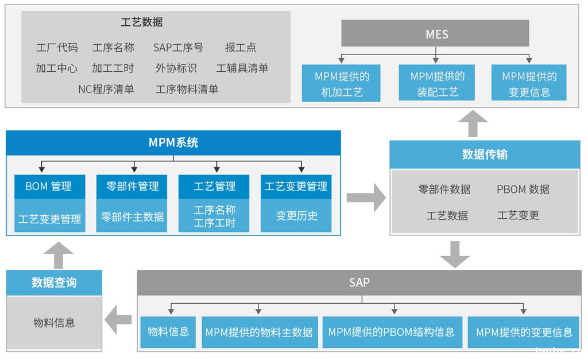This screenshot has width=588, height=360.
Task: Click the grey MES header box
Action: pyautogui.click(x=435, y=33)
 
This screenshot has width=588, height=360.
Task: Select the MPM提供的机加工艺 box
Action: pyautogui.click(x=341, y=84)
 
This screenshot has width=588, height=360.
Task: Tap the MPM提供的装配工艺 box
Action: pyautogui.click(x=437, y=84)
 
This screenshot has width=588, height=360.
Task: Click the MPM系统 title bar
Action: pyautogui.click(x=173, y=142)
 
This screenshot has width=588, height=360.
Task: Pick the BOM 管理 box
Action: pyautogui.click(x=50, y=187)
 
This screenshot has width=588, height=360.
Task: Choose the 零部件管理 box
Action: pyautogui.click(x=132, y=187)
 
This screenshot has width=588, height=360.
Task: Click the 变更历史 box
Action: pyautogui.click(x=296, y=216)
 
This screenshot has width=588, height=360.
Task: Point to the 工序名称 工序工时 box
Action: pyautogui.click(x=214, y=216)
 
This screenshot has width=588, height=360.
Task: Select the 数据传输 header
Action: pyautogui.click(x=485, y=154)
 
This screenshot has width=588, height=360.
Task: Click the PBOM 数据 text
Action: pyautogui.click(x=523, y=189)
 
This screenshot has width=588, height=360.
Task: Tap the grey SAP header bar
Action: pyautogui.click(x=359, y=282)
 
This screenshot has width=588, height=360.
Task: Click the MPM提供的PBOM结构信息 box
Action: pyautogui.click(x=392, y=332)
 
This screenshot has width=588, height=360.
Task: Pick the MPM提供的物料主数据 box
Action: pyautogui.click(x=259, y=332)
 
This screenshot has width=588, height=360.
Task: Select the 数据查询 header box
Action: pyautogui.click(x=54, y=282)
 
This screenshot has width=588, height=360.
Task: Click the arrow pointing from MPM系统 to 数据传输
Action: pyautogui.click(x=366, y=198)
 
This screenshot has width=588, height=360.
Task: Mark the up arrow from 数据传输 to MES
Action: pyautogui.click(x=473, y=123)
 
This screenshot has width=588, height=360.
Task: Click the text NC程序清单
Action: pyautogui.click(x=106, y=89)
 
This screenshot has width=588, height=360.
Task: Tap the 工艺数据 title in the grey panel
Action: pyautogui.click(x=141, y=22)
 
